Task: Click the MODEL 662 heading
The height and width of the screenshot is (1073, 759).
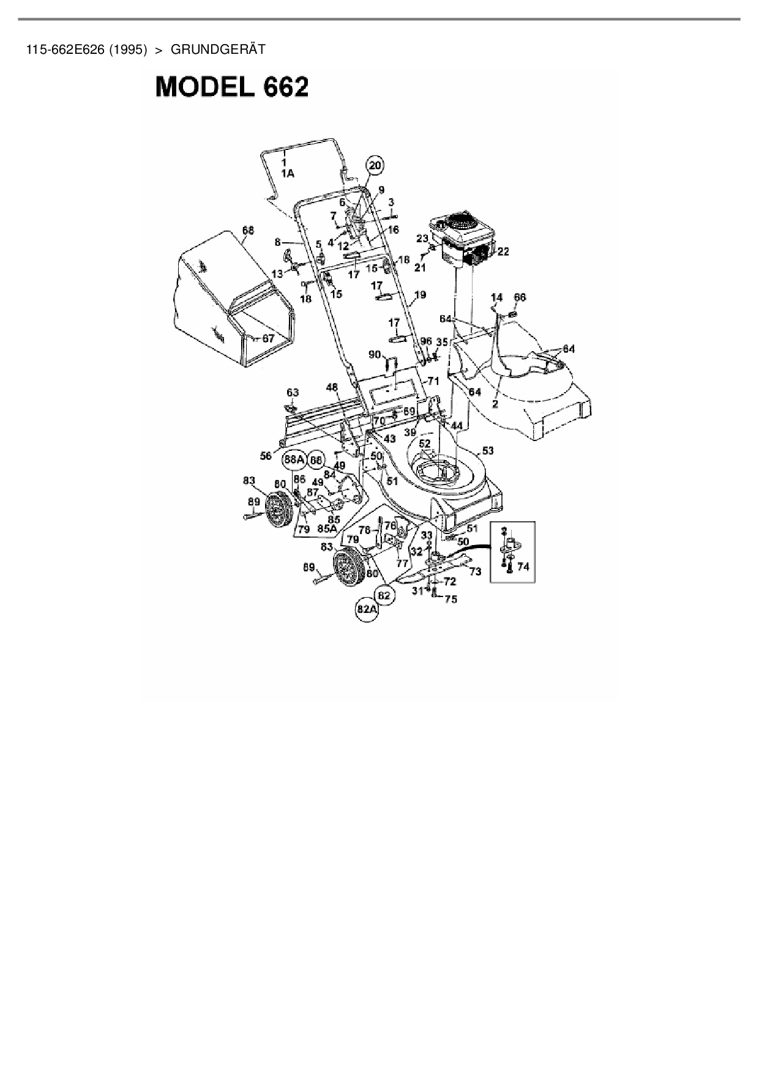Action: coord(232,87)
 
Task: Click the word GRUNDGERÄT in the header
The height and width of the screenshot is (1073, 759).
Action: coord(218,50)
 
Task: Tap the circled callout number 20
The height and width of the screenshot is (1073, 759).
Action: coord(375,165)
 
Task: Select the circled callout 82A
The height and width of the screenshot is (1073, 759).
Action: coord(367,609)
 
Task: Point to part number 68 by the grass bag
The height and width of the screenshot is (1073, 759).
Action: coord(247,231)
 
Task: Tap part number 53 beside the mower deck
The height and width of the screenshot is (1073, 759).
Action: coord(487,451)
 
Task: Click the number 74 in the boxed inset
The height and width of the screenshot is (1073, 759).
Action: coord(523,566)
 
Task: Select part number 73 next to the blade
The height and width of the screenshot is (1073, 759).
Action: coord(475,571)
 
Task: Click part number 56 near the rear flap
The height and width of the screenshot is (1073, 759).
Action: coord(266,456)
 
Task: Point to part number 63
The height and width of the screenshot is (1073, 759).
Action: coord(293,392)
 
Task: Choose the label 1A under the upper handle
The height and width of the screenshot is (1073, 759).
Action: coord(287,173)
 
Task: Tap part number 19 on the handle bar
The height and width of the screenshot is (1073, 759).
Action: coord(419,295)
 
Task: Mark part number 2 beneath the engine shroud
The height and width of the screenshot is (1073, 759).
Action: coord(495,404)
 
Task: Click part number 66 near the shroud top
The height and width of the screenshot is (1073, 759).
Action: coord(519,297)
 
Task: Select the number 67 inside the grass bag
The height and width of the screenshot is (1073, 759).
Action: coord(268,338)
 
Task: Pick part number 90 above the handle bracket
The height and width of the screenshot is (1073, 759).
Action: coord(374,354)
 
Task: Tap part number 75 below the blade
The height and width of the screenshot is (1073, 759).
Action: coord(451,600)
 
